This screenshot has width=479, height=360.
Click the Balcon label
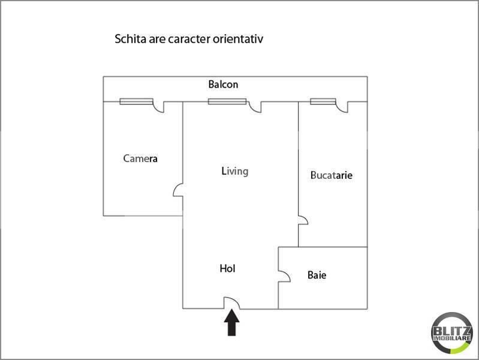pos(223,85)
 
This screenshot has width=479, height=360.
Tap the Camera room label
pos(140,158)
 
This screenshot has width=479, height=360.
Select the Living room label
pos(234,171)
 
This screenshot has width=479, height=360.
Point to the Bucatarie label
pos(331,175)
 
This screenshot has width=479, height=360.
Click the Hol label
pos(227,269)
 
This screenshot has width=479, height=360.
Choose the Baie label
pos(317,275)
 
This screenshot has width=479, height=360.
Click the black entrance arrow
pos(231,323)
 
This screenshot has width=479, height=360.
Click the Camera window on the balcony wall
pos(136,101)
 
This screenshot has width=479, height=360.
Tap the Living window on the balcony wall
pos(227,101)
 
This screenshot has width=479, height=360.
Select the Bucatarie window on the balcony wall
pos(323,101)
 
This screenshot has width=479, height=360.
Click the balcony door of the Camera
pos(158,107)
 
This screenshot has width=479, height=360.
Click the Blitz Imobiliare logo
pos(451,333)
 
